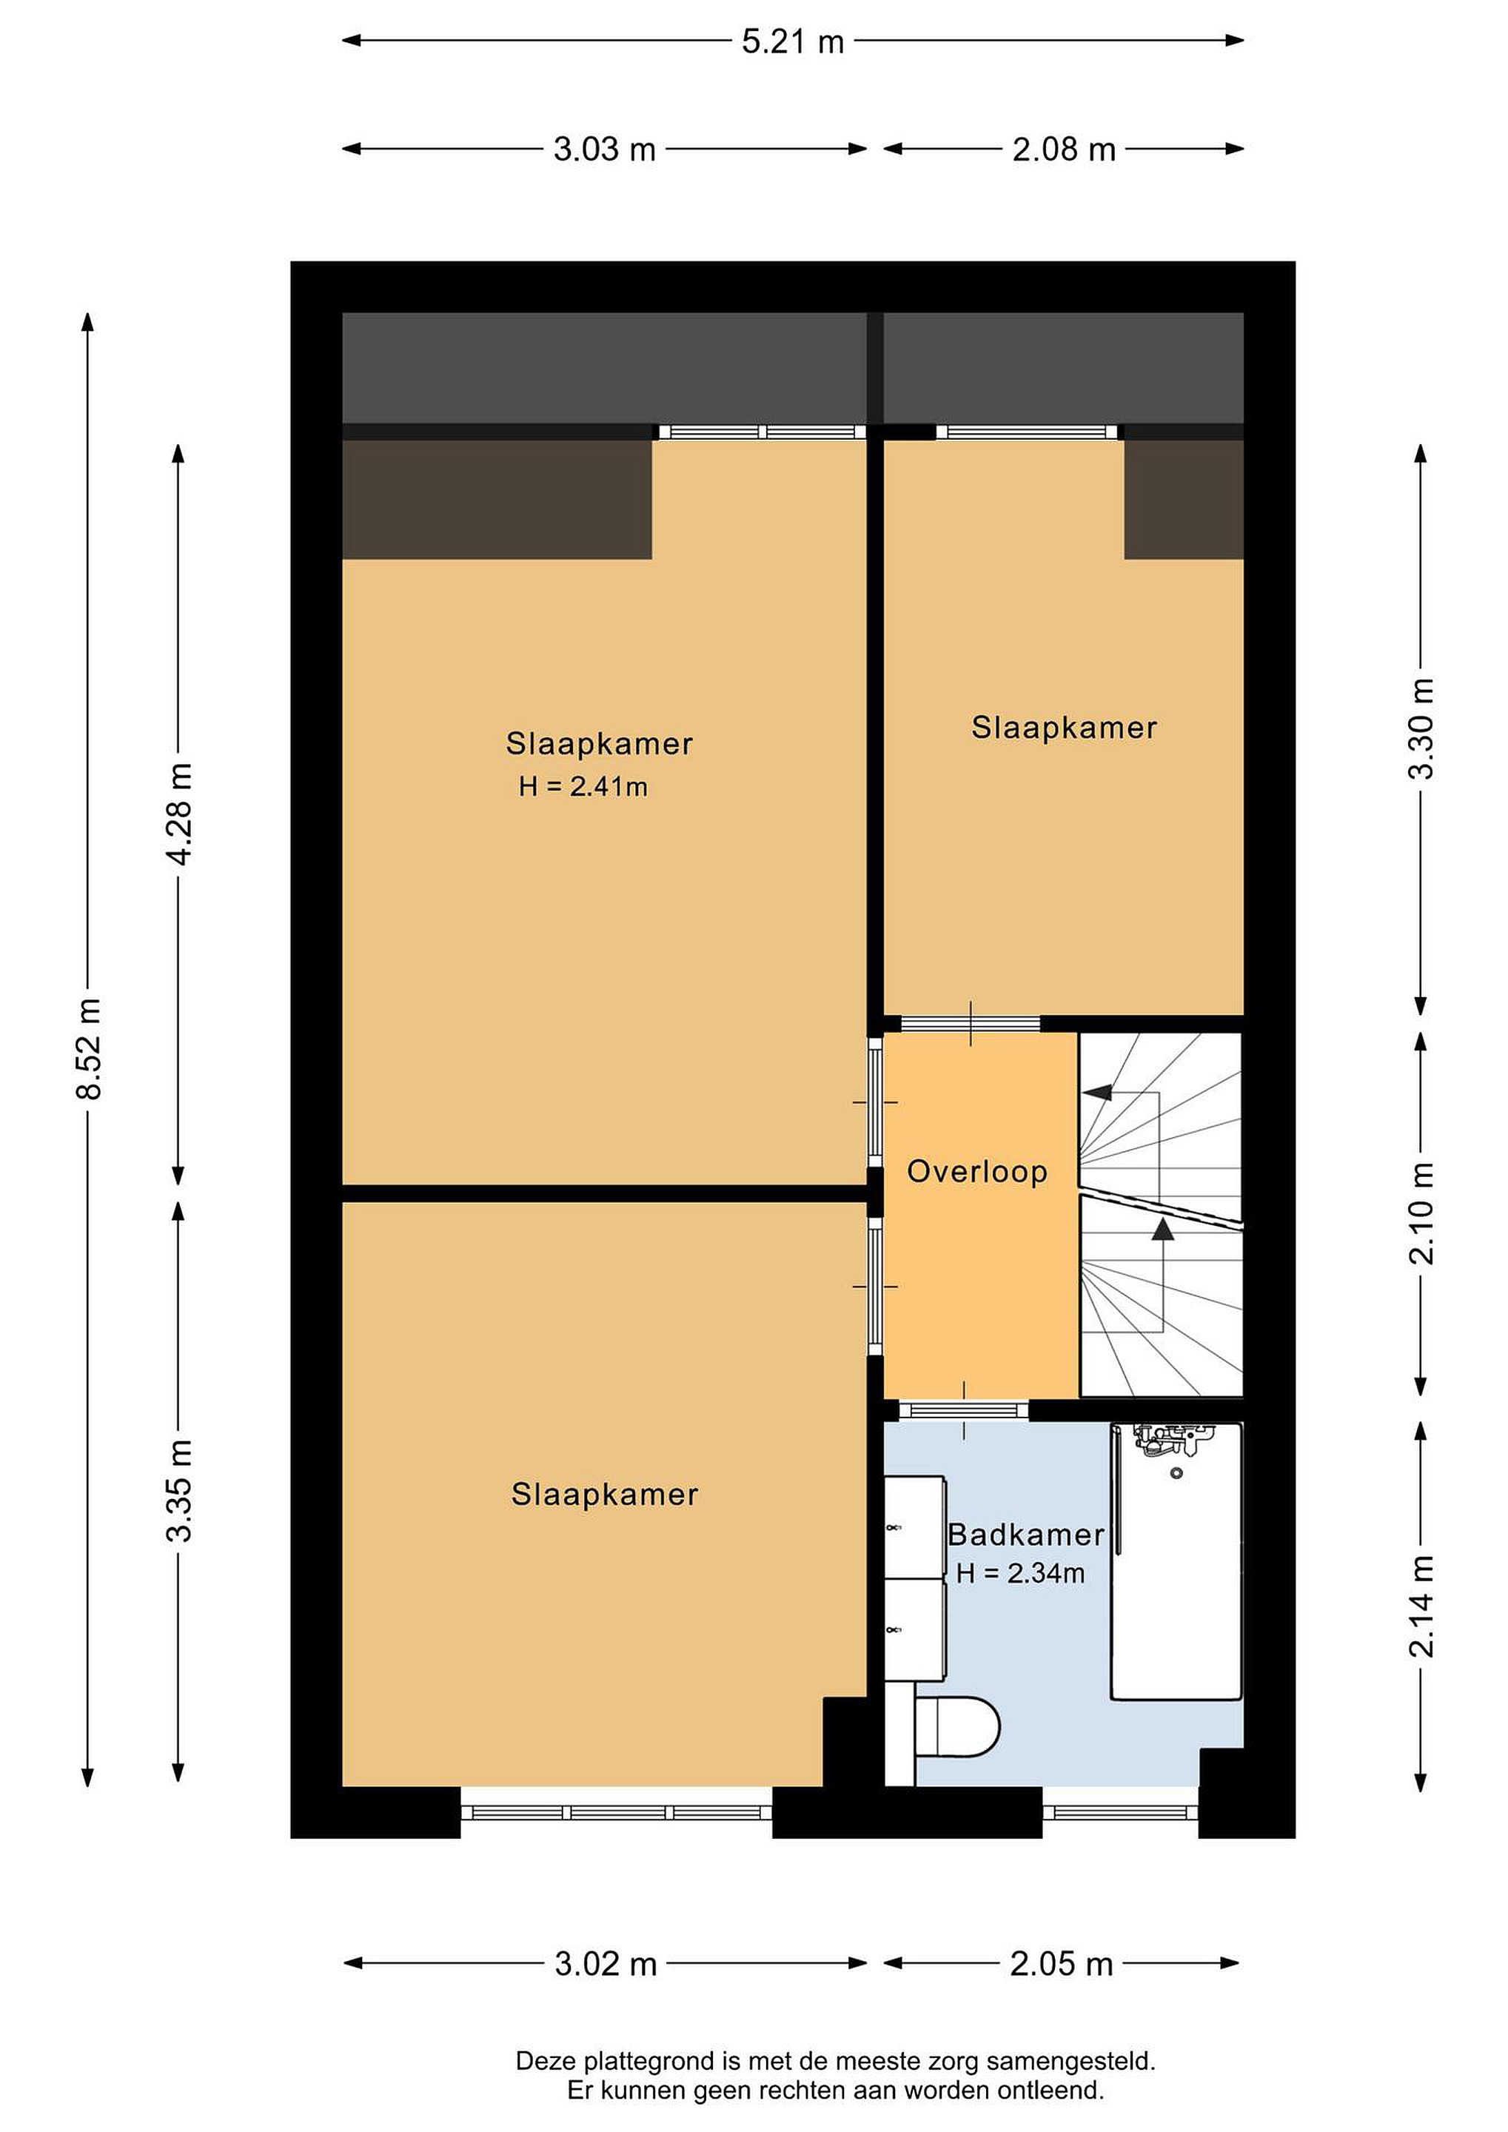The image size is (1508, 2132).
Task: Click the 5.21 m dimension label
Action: [792, 41]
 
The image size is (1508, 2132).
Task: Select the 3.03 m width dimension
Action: [605, 150]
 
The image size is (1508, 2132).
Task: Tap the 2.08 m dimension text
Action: [1063, 150]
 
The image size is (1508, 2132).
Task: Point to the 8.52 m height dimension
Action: [89, 1048]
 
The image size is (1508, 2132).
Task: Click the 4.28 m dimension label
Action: [178, 814]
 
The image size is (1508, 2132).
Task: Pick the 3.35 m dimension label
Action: [178, 1490]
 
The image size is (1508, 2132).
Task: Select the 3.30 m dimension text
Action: [1421, 729]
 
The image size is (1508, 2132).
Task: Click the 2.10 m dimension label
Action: [1421, 1213]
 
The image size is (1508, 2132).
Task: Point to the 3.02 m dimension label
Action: [606, 1964]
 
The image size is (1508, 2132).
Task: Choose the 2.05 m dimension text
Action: [1062, 1964]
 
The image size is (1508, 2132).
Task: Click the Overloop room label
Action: [977, 1172]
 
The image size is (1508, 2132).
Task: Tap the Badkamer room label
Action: [1026, 1535]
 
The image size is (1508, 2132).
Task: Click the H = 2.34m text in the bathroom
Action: [1020, 1574]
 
